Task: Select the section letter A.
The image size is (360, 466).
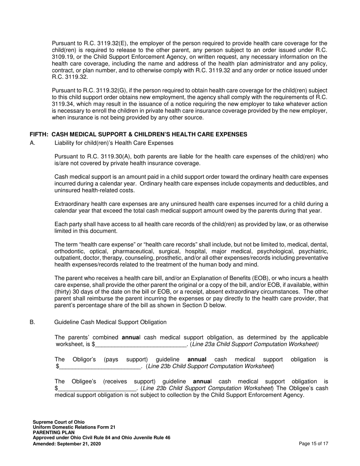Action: coord(32,143)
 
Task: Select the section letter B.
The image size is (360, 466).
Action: coord(32,322)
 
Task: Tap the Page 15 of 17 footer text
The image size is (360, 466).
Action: coord(313,444)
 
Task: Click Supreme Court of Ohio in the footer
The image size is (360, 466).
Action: coord(59,422)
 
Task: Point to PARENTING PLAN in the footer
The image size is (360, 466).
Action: coord(53,433)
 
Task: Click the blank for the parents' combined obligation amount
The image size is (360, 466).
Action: coord(141,344)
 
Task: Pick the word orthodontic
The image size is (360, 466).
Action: coord(70,251)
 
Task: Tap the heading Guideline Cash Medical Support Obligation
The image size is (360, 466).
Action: coord(110,322)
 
